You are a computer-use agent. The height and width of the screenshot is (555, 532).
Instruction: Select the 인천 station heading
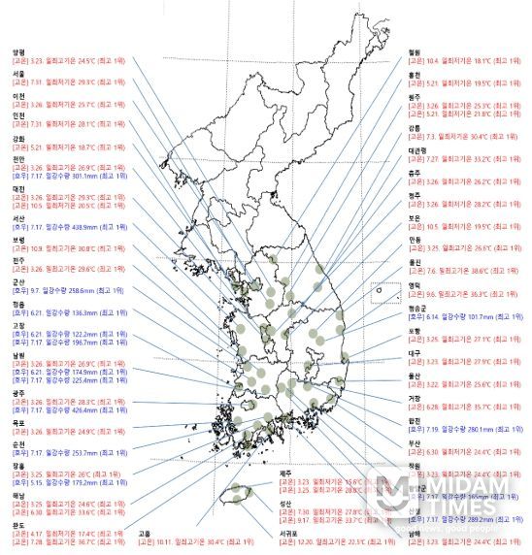(x=17, y=115)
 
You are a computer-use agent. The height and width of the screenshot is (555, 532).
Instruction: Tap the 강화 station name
(x=17, y=137)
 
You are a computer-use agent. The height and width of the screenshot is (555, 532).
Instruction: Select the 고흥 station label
(x=145, y=533)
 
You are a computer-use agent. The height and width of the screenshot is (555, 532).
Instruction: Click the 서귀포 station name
(x=288, y=533)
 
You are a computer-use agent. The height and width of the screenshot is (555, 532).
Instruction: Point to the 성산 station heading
(x=284, y=503)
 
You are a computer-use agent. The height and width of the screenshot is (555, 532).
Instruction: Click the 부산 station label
(x=416, y=442)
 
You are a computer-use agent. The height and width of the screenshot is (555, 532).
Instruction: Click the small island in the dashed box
(x=382, y=288)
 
